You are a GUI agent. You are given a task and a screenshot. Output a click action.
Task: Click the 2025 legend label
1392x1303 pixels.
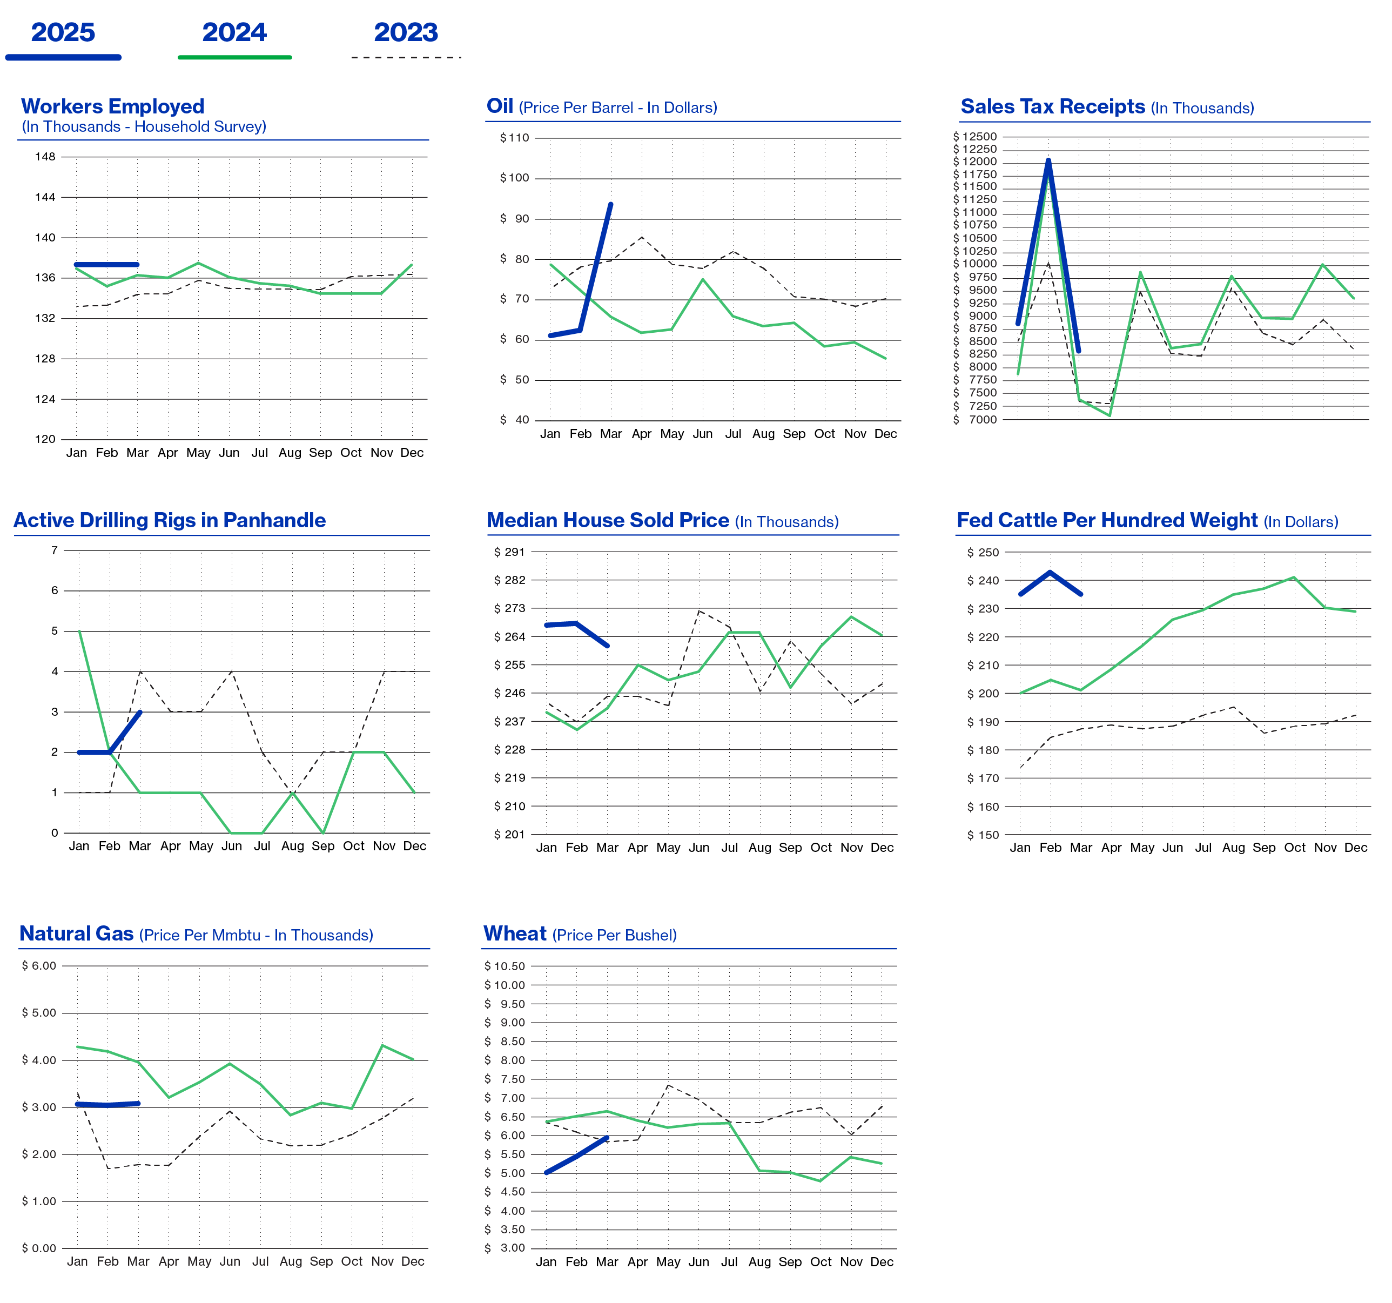click(63, 32)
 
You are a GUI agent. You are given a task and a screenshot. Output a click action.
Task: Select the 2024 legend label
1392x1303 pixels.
click(234, 32)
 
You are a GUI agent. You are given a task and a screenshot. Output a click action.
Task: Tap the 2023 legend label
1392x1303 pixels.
click(406, 32)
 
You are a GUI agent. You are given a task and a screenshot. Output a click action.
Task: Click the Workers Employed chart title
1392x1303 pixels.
click(113, 106)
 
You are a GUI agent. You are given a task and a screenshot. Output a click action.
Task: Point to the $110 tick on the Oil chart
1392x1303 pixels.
click(515, 138)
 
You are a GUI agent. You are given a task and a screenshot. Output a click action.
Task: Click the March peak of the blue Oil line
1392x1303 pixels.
click(610, 204)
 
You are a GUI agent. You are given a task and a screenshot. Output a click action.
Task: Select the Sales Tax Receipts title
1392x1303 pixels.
click(1052, 106)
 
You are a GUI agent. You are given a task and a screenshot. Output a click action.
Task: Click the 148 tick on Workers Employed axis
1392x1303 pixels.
click(45, 157)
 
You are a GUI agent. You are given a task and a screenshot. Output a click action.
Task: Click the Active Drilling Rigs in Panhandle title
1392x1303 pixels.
click(170, 520)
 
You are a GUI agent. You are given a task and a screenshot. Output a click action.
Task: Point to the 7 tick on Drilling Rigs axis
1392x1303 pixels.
click(54, 550)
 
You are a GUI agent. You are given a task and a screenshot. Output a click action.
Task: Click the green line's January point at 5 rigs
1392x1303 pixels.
click(79, 631)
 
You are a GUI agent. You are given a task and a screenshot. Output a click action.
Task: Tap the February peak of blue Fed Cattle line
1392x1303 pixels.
click(1050, 572)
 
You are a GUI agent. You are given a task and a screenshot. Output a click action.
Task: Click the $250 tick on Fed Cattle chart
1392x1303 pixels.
click(983, 553)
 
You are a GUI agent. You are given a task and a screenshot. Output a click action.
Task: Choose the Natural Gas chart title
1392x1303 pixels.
click(76, 934)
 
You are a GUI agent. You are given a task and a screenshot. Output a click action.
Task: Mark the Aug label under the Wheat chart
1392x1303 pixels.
click(759, 1262)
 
